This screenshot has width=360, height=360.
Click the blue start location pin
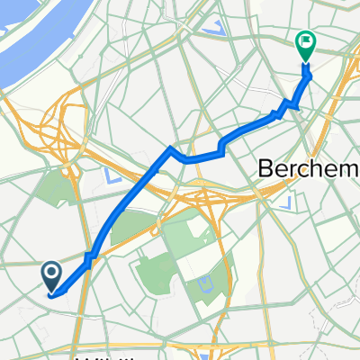50,274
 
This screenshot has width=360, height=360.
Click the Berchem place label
297,167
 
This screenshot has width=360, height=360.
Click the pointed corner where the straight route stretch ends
169,148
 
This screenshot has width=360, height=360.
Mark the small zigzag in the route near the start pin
89,259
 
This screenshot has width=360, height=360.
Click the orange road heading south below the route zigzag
82,306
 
